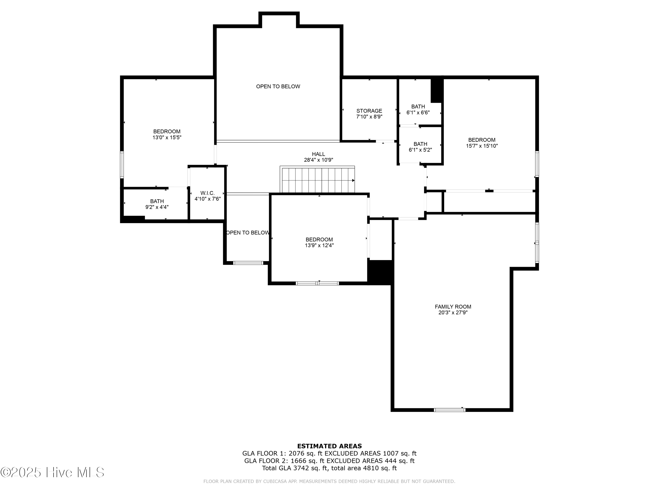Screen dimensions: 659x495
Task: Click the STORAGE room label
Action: [369, 111]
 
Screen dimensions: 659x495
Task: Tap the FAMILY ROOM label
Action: [453, 306]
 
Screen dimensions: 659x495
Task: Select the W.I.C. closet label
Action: [207, 193]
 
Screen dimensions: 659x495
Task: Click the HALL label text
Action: [319, 154]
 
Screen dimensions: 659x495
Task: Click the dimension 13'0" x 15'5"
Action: [167, 137]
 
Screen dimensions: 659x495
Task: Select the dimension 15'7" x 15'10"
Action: [482, 146]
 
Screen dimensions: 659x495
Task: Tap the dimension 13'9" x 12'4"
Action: [319, 246]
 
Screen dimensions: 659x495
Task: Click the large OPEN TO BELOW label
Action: [278, 86]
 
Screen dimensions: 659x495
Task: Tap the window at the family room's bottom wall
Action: [450, 410]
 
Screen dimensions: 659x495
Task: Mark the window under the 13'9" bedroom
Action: [317, 283]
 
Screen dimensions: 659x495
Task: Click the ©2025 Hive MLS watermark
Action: [53, 472]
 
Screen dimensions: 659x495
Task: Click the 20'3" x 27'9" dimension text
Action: [453, 313]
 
